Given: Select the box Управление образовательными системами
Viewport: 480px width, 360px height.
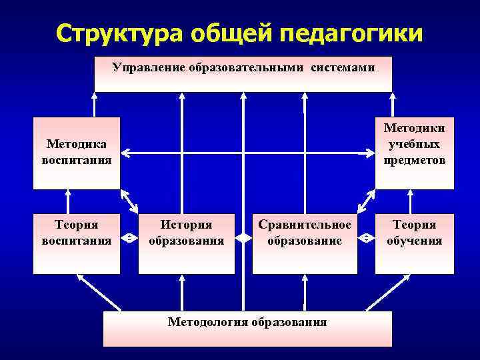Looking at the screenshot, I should coord(243,73).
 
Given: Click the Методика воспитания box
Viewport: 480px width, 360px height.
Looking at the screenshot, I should coord(77,153).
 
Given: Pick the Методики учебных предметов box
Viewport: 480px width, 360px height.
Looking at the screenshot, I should coord(414,153).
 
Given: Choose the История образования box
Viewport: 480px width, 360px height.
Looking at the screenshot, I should coord(187,243).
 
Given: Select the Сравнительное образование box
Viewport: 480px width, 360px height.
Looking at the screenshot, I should coord(305,243).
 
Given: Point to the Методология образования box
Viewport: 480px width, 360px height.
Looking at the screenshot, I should coord(247,328).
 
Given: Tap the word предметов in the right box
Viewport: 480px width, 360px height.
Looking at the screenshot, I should coord(414,161).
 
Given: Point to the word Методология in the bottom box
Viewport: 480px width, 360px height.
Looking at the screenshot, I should coord(208,323).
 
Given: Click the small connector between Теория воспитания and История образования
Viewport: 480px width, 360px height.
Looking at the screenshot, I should coord(129,237).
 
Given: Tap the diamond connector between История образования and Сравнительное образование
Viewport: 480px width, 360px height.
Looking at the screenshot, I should coord(243,237).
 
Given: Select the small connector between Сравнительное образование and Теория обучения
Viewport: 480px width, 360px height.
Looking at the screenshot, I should coord(367,237).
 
